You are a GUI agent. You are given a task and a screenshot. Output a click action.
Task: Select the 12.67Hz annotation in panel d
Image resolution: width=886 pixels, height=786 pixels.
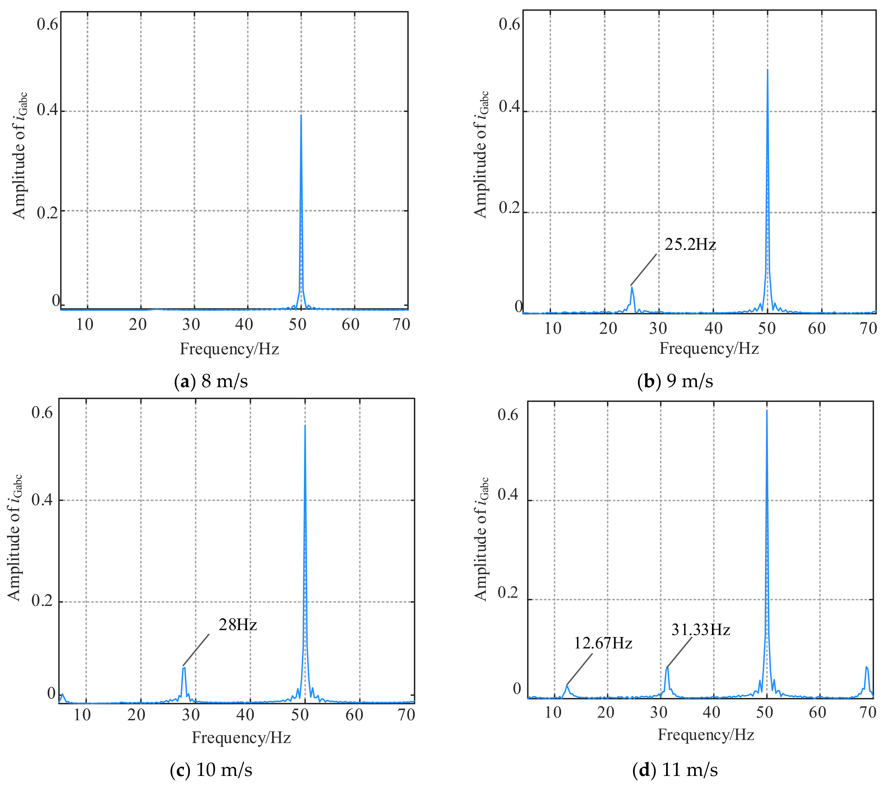click(603, 643)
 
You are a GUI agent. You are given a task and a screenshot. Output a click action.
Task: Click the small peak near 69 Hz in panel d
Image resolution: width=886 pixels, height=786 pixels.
click(866, 667)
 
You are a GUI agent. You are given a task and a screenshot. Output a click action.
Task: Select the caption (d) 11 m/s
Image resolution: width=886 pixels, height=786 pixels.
click(675, 770)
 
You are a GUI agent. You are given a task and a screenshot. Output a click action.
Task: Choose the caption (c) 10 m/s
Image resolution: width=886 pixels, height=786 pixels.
click(211, 770)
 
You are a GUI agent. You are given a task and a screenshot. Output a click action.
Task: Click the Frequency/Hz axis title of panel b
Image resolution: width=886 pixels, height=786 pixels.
click(709, 348)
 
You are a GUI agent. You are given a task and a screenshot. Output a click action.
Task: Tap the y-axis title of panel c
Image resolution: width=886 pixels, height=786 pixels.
click(14, 537)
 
